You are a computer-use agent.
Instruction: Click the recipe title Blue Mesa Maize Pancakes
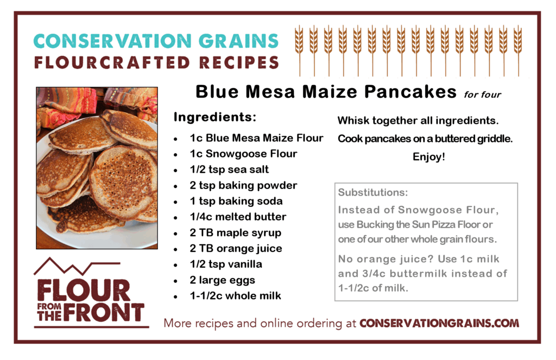[x=326, y=92]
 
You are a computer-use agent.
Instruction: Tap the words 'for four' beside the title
[x=483, y=94]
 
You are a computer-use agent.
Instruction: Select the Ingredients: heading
[x=215, y=117]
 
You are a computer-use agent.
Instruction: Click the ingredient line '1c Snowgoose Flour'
[x=243, y=154]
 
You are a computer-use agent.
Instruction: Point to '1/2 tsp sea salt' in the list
[x=229, y=169]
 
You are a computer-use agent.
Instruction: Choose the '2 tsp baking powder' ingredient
[x=243, y=185]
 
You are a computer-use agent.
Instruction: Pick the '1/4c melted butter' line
[x=238, y=217]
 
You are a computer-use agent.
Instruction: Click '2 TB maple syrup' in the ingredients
[x=236, y=233]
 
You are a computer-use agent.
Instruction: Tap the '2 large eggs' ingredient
[x=222, y=280]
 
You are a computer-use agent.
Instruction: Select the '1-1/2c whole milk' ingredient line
[x=236, y=296]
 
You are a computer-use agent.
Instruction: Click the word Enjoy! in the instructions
[x=429, y=157]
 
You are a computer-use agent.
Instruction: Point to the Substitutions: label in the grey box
[x=373, y=192]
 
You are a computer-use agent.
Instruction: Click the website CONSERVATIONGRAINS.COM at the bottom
[x=439, y=323]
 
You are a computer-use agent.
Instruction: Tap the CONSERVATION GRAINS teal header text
[x=156, y=41]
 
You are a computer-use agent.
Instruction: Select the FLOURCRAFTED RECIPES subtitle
[x=156, y=62]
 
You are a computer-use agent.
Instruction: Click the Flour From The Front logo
[x=91, y=293]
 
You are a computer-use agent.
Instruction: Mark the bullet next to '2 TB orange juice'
[x=175, y=249]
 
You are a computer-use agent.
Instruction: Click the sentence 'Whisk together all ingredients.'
[x=418, y=121]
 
